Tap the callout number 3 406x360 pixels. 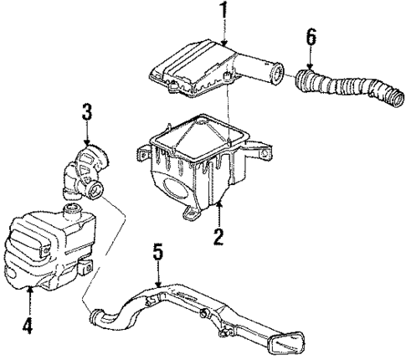pyautogui.click(x=86, y=111)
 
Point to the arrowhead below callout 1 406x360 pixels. pyautogui.click(x=224, y=41)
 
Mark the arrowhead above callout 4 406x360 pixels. pyautogui.click(x=31, y=291)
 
